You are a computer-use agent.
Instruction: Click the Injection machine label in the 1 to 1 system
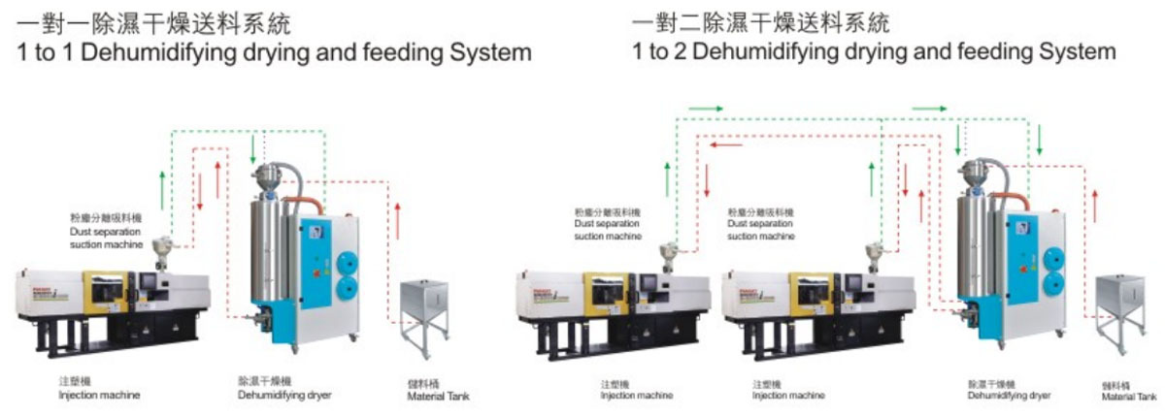point(99,395)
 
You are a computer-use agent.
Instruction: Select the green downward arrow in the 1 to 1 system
point(253,148)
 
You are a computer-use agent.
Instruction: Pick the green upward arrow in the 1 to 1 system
point(162,185)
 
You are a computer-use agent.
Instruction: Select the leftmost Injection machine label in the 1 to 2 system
point(636,395)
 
